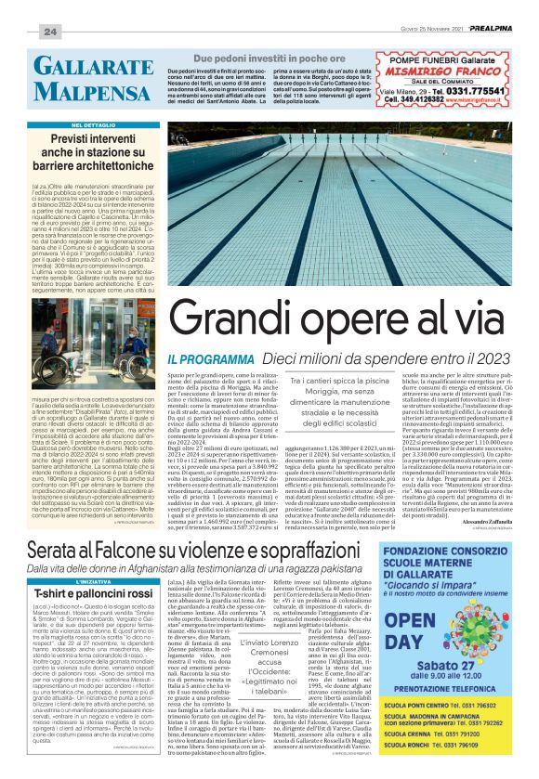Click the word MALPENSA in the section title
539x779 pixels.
(x=82, y=93)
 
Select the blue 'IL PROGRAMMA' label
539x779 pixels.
(x=205, y=357)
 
